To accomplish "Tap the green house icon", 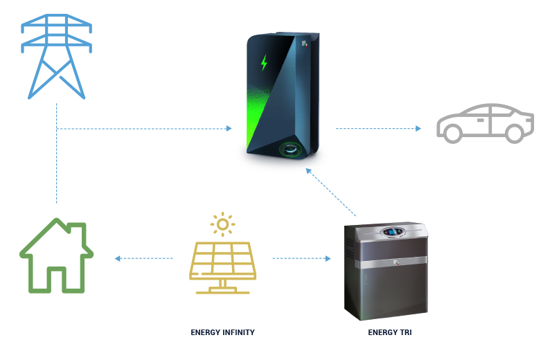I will pos(56,257).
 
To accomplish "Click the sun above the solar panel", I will pos(222,224).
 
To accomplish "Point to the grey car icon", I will pos(485,123).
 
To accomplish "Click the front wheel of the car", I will pos(452,134).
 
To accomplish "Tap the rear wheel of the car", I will pos(514,134).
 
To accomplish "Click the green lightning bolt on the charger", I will pos(264,63).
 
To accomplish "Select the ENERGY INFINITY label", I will pos(222,333).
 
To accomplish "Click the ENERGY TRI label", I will pos(390,333).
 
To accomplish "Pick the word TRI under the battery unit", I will pos(406,333).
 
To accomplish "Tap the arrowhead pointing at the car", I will pos(418,129).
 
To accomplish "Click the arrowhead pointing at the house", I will pos(118,258).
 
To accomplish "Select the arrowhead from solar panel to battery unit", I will pos(328,258).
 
